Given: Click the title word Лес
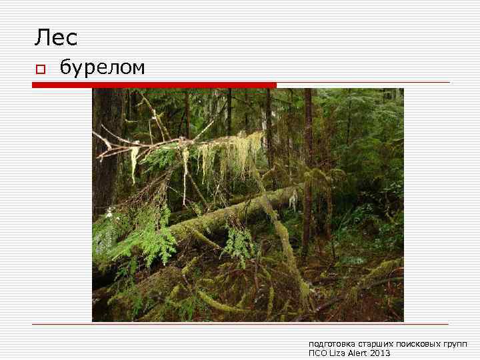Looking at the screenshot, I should tap(56, 38).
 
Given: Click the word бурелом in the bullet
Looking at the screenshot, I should tap(102, 67).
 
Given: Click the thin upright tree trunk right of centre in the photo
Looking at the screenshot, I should tap(307, 167).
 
